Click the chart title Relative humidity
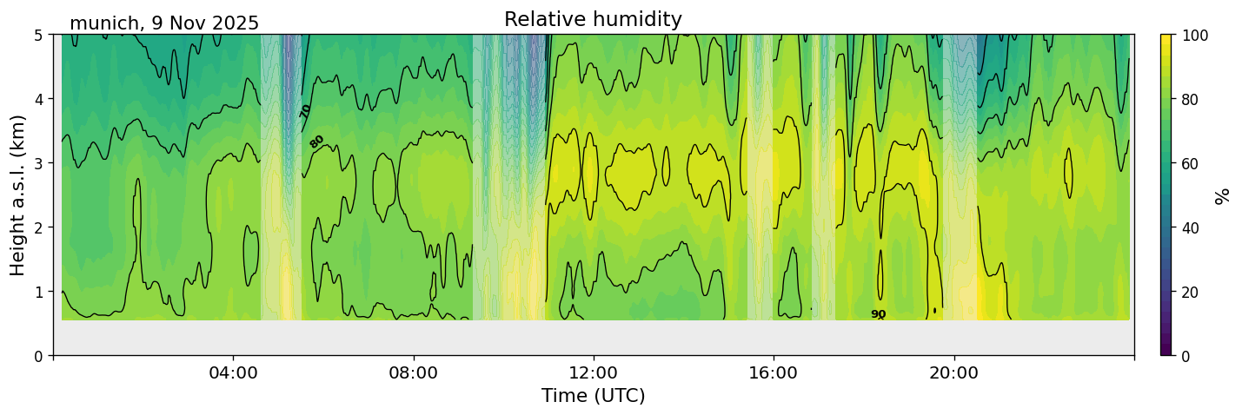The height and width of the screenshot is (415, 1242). tap(593, 19)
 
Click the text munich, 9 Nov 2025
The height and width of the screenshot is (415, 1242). tap(164, 23)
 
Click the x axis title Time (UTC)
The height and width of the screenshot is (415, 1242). tap(593, 396)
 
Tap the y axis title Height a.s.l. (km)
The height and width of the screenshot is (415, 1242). tap(18, 194)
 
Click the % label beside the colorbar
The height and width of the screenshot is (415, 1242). tap(1223, 194)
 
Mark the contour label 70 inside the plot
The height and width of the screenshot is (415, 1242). tap(306, 111)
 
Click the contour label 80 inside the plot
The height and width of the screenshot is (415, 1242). tap(316, 141)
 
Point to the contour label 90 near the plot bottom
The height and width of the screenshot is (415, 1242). tap(878, 314)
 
